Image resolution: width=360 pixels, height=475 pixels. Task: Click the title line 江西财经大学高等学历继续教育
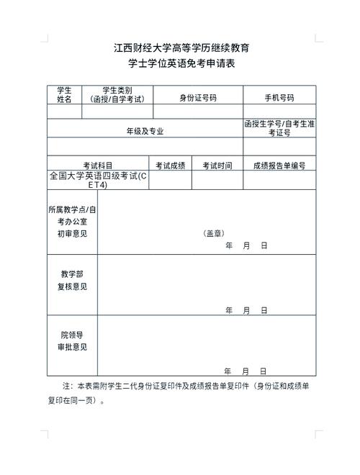pyautogui.click(x=181, y=49)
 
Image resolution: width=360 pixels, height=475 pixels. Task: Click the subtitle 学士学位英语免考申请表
pyautogui.click(x=181, y=64)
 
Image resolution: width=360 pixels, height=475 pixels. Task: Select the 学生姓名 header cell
pyautogui.click(x=64, y=95)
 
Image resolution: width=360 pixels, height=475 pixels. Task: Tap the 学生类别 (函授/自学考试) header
pyautogui.click(x=118, y=95)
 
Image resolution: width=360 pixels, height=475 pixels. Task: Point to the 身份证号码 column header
pyautogui.click(x=198, y=97)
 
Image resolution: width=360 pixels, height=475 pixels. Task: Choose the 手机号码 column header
pyautogui.click(x=279, y=97)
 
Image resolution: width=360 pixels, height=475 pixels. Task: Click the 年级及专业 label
pyautogui.click(x=145, y=131)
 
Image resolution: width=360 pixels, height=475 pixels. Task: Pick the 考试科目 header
pyautogui.click(x=98, y=166)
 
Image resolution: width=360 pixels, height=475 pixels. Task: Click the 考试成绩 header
pyautogui.click(x=171, y=166)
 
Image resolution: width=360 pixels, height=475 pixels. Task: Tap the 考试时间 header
pyautogui.click(x=217, y=166)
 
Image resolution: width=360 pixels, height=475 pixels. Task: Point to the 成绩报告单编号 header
pyautogui.click(x=279, y=166)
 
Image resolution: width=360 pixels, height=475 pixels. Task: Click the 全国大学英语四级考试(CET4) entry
pyautogui.click(x=97, y=180)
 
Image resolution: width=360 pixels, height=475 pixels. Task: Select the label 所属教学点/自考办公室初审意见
pyautogui.click(x=72, y=221)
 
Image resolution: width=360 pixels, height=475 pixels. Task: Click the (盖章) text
pyautogui.click(x=214, y=233)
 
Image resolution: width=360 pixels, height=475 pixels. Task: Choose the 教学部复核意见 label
pyautogui.click(x=72, y=280)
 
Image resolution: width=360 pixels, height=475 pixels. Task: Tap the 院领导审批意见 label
pyautogui.click(x=72, y=340)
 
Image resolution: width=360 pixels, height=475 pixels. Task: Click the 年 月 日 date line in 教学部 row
pyautogui.click(x=246, y=310)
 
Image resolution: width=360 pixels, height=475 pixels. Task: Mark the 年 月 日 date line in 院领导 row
pyautogui.click(x=246, y=371)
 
